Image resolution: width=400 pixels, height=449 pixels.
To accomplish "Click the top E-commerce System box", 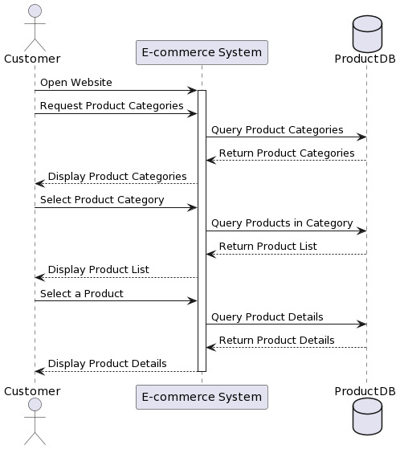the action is tap(202, 53).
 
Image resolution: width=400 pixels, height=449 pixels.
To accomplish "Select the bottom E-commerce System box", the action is tap(202, 397).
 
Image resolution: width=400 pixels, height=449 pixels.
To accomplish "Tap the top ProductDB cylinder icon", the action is tap(367, 34).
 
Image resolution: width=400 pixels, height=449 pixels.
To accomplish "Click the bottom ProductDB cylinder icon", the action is tap(367, 417).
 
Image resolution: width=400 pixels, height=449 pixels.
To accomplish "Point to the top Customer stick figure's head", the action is tap(35, 11).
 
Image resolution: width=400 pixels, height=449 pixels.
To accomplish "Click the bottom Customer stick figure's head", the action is tap(35, 404).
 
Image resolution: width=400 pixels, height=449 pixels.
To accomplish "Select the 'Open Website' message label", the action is tap(76, 83).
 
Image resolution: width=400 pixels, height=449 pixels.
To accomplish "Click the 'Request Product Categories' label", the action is tap(112, 106).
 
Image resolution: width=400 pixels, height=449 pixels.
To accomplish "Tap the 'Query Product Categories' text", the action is tap(277, 130).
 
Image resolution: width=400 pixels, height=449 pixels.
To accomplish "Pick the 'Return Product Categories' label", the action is tap(287, 153).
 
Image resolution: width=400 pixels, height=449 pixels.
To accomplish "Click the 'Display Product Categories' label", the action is tap(117, 177).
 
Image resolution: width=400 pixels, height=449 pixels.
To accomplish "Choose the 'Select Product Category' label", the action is tap(102, 200).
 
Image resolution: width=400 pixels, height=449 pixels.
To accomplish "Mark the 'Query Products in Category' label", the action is tap(282, 223).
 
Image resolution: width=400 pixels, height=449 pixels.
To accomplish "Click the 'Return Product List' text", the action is tap(268, 247).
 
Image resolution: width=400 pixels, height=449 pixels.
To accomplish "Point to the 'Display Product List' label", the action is tap(99, 270).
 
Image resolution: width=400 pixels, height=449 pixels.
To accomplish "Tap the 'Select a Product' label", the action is tap(82, 294).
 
